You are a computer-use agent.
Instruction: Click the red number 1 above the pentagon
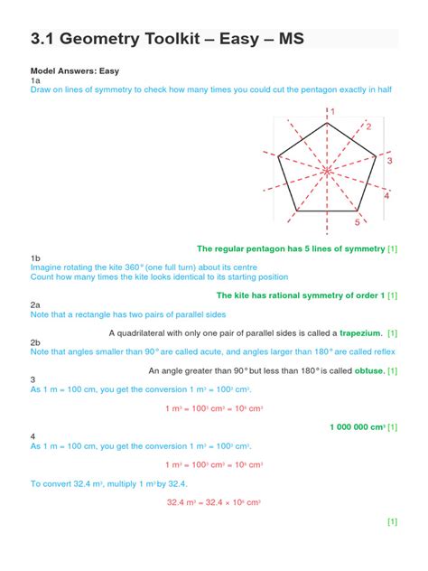tap(331, 111)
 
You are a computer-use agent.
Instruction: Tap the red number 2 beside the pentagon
tap(368, 127)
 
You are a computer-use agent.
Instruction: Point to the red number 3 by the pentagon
tap(389, 161)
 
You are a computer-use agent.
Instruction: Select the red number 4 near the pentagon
tap(386, 195)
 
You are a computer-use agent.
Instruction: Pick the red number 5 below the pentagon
tap(357, 221)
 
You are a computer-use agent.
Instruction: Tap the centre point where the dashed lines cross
tap(326, 170)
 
